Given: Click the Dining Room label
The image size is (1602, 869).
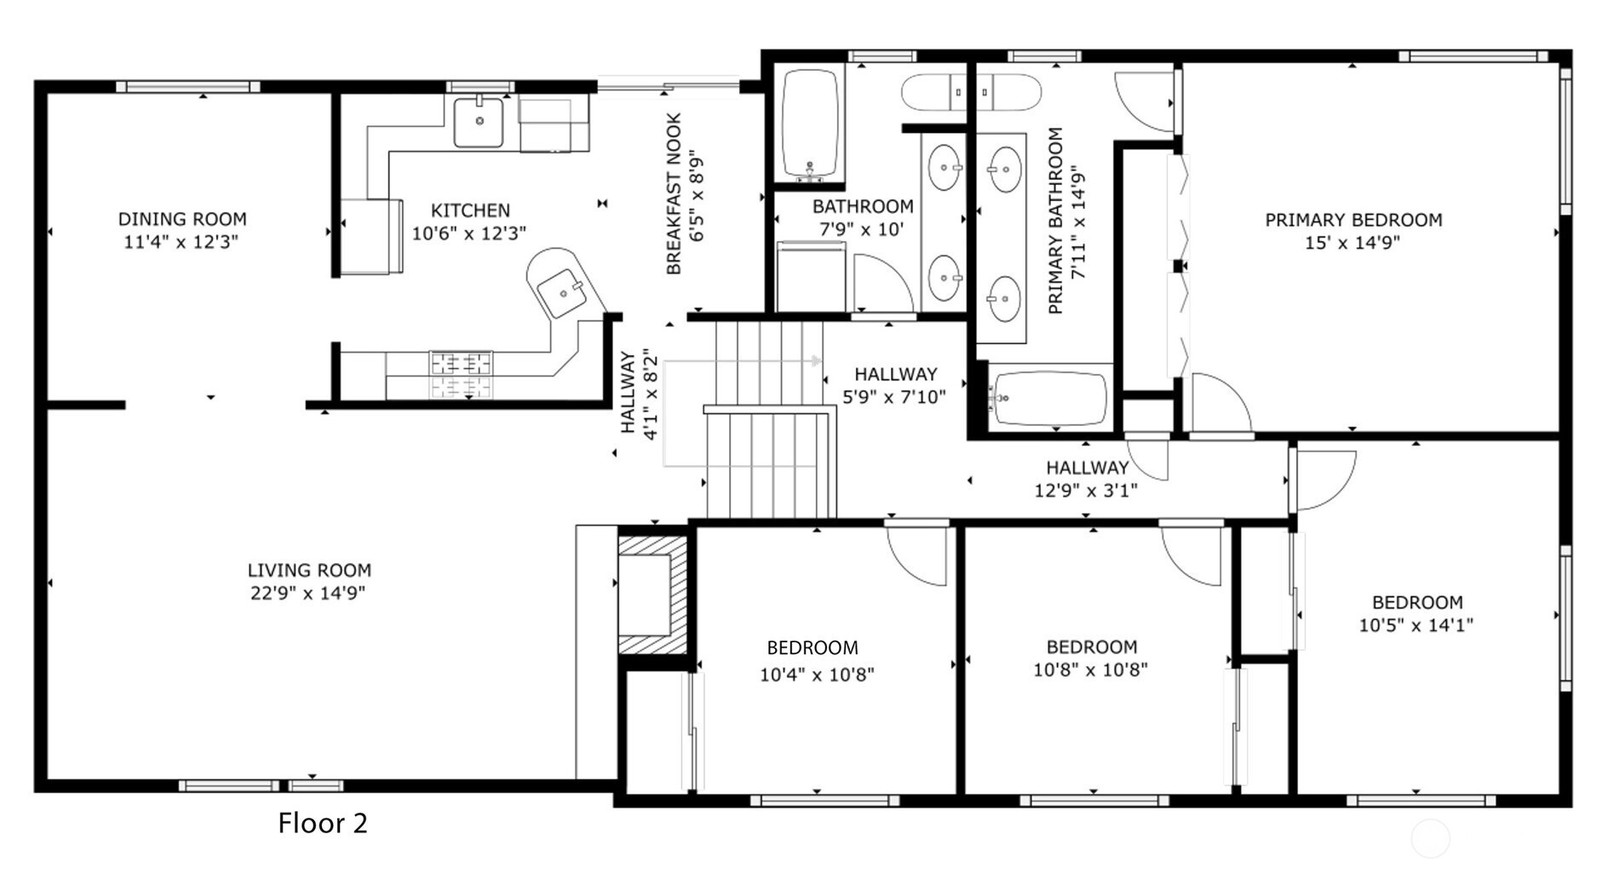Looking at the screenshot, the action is click(x=182, y=220).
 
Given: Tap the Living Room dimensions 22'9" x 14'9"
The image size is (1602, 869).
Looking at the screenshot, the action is click(x=308, y=593).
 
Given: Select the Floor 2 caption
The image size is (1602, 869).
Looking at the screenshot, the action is click(x=323, y=823).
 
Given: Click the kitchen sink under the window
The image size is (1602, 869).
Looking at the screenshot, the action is click(x=478, y=122).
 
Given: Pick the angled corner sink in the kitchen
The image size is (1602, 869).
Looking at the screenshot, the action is click(x=563, y=294).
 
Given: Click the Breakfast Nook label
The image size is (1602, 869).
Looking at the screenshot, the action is click(x=674, y=194).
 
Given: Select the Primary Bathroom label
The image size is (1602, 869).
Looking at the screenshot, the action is click(x=1056, y=221).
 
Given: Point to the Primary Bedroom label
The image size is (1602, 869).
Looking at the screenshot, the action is click(x=1353, y=220).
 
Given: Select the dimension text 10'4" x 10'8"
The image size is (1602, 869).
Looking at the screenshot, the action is click(x=817, y=675).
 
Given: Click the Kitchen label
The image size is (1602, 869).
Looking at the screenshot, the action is click(x=470, y=210).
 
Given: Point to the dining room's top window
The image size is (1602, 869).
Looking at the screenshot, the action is click(x=188, y=87).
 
